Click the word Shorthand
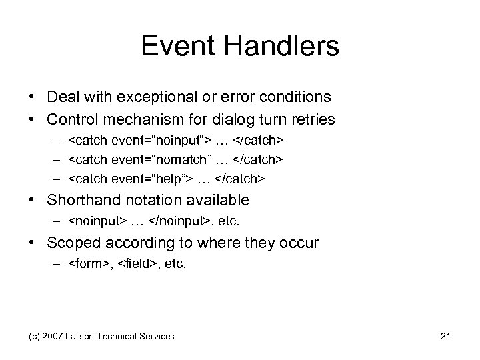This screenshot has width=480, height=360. pos(81,200)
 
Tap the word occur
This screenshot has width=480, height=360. pos(299,243)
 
